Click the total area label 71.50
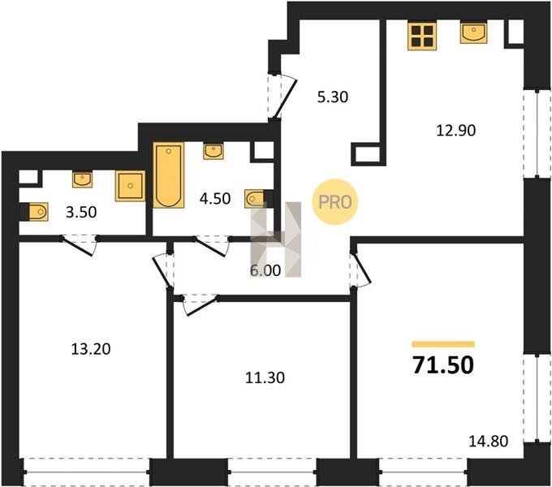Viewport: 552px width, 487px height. (443, 365)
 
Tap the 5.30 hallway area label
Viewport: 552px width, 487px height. (333, 97)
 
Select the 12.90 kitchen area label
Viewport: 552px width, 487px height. (456, 131)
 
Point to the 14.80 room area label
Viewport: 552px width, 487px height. (489, 441)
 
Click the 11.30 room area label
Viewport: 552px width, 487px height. (265, 378)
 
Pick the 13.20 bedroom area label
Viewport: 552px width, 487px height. (91, 349)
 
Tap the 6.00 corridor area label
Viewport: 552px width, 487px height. (265, 270)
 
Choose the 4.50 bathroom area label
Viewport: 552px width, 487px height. (215, 199)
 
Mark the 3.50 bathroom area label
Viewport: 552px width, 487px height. (81, 213)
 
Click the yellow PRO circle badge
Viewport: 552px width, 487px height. (334, 202)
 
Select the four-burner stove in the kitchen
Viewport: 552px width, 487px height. (422, 36)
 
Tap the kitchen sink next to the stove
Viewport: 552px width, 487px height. (473, 32)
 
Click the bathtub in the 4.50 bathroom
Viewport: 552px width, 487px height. (169, 175)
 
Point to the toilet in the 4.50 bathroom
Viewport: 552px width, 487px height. (255, 199)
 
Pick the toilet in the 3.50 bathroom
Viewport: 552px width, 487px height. (38, 212)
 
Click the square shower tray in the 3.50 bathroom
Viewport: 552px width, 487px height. (130, 186)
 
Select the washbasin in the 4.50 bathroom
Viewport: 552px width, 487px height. (213, 152)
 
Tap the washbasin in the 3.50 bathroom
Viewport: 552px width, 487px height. (82, 179)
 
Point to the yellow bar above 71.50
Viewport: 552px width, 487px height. (443, 344)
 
